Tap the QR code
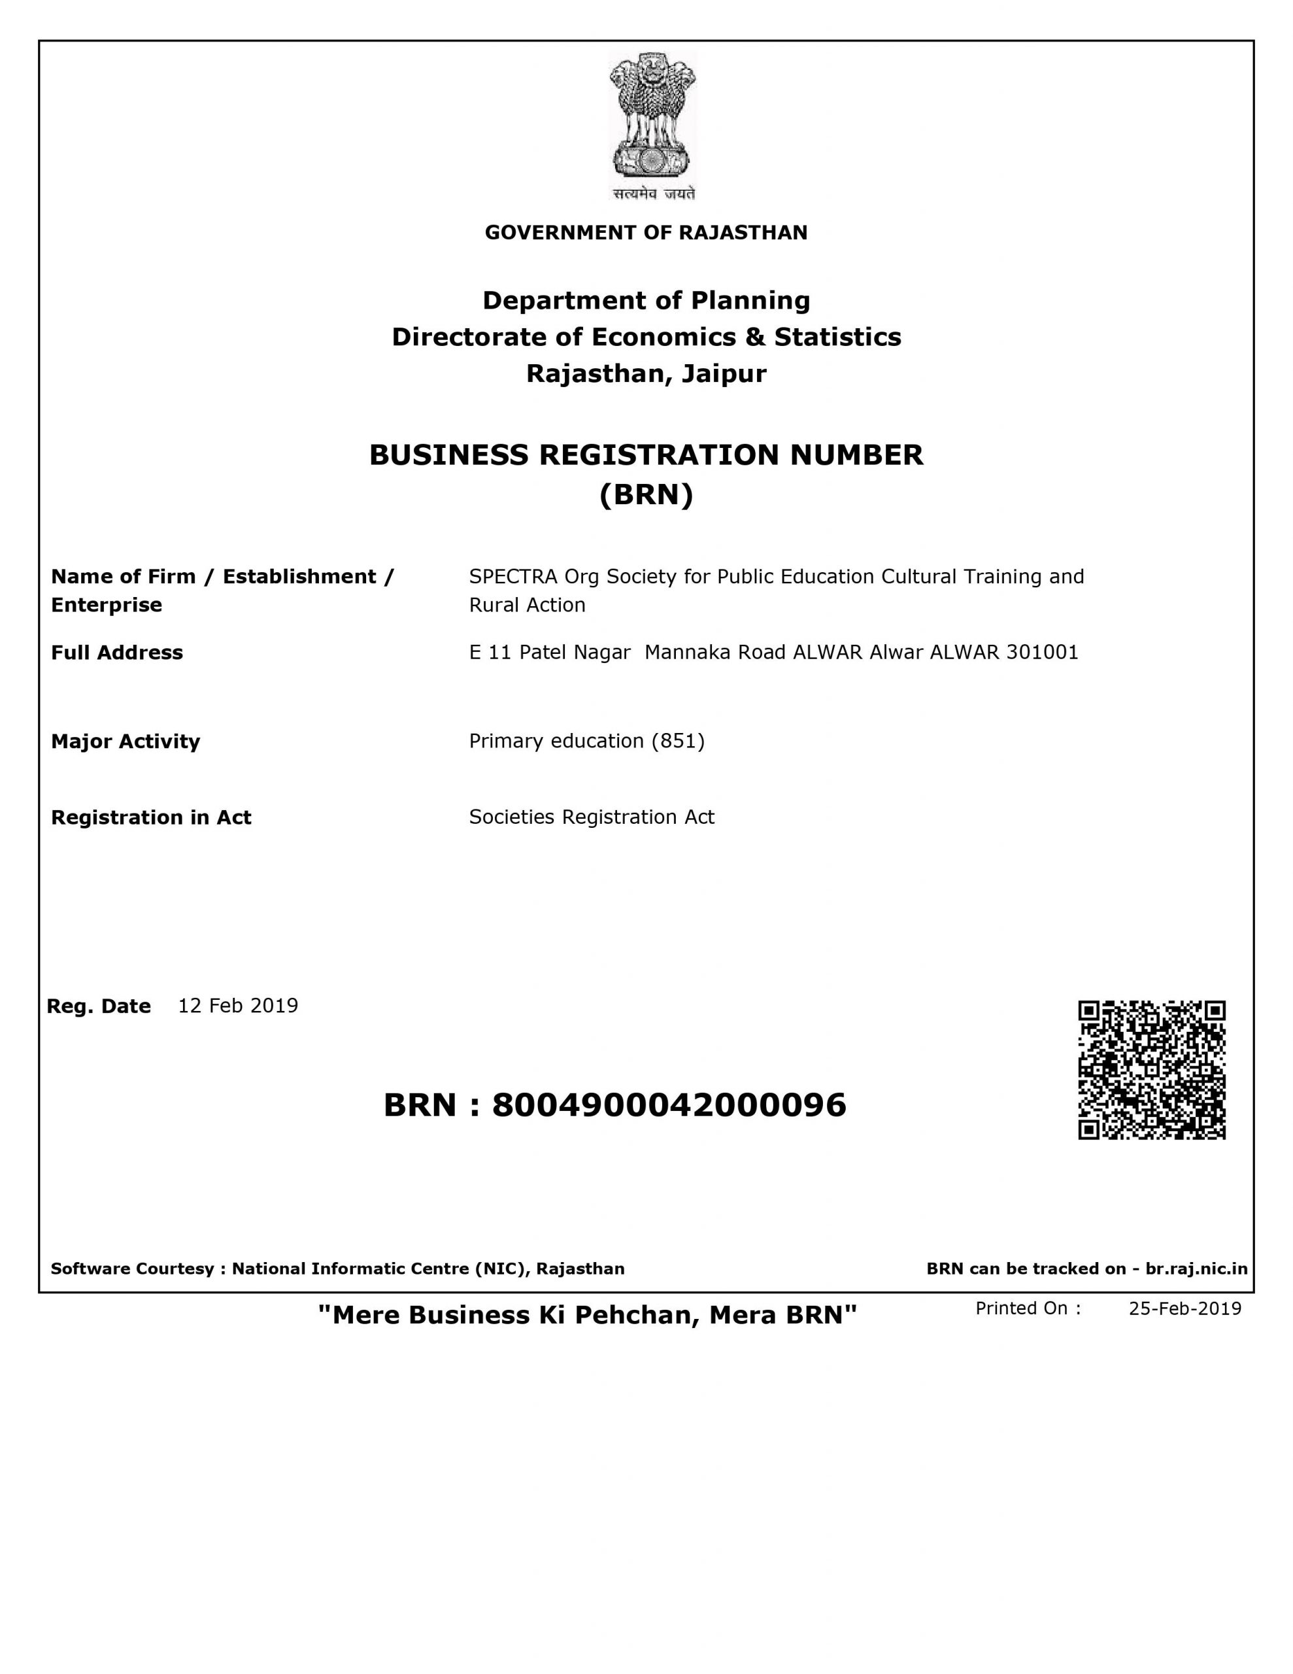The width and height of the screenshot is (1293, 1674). (1151, 1070)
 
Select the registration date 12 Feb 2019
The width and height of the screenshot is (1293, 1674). (237, 1006)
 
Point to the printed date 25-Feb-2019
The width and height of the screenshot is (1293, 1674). (1184, 1308)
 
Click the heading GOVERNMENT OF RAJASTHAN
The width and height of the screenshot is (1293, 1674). (646, 233)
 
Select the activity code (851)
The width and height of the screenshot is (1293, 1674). (677, 741)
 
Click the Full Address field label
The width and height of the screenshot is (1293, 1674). (117, 653)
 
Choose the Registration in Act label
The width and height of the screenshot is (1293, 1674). (151, 818)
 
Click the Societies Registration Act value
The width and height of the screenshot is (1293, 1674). (592, 817)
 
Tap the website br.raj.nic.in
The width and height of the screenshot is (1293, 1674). (1196, 1269)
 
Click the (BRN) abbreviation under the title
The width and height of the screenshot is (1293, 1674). (646, 495)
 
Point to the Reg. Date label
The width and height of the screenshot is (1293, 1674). (99, 1006)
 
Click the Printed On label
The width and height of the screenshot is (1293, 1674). (1028, 1308)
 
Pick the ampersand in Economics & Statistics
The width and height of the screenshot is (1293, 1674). (755, 337)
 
